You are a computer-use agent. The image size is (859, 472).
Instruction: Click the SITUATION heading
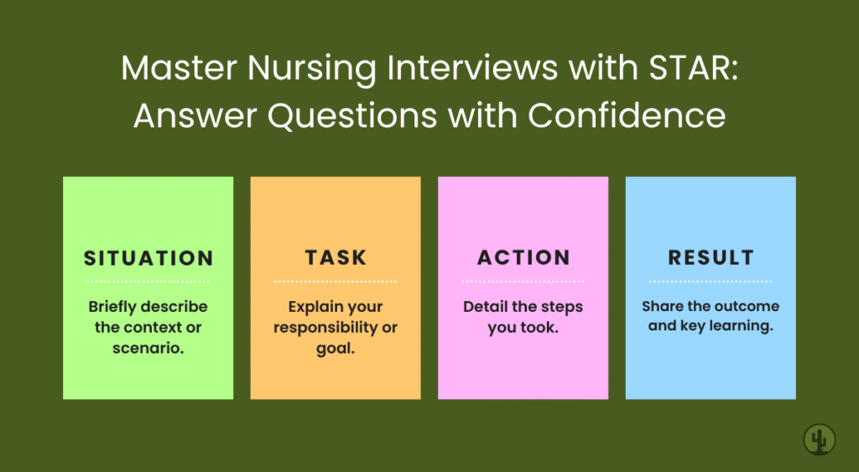[x=148, y=258]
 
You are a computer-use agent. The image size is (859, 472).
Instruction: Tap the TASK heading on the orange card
[x=336, y=258]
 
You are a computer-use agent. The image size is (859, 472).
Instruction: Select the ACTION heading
[x=523, y=258]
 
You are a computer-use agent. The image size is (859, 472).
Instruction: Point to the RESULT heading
[x=711, y=258]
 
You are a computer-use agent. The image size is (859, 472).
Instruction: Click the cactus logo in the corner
[x=819, y=439]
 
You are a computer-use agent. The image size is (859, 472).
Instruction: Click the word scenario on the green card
[x=148, y=347]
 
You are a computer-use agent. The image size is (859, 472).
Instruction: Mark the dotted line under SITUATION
[x=148, y=282]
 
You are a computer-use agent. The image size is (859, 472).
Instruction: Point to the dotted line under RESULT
[x=711, y=282]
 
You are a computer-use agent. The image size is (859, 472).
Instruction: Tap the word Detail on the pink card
[x=485, y=307]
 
